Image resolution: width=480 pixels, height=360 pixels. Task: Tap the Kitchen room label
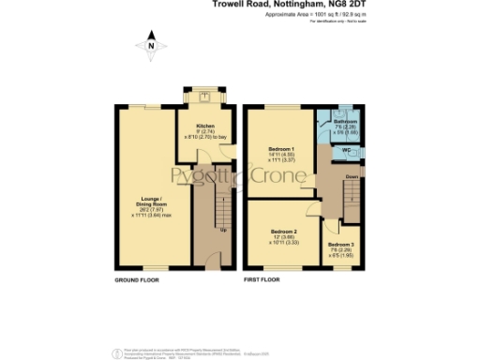(x=206, y=125)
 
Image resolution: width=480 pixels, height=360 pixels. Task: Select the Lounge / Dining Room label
(x=149, y=200)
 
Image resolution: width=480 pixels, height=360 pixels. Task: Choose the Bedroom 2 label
(x=284, y=231)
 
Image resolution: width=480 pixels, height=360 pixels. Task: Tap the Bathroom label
(x=347, y=122)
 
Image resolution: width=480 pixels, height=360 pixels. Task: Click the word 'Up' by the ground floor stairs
(x=222, y=230)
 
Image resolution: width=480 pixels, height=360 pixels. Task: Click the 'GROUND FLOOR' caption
(x=136, y=280)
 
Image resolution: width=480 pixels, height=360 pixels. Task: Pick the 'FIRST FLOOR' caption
(x=262, y=280)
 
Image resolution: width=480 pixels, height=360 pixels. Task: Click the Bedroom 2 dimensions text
(x=284, y=242)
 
